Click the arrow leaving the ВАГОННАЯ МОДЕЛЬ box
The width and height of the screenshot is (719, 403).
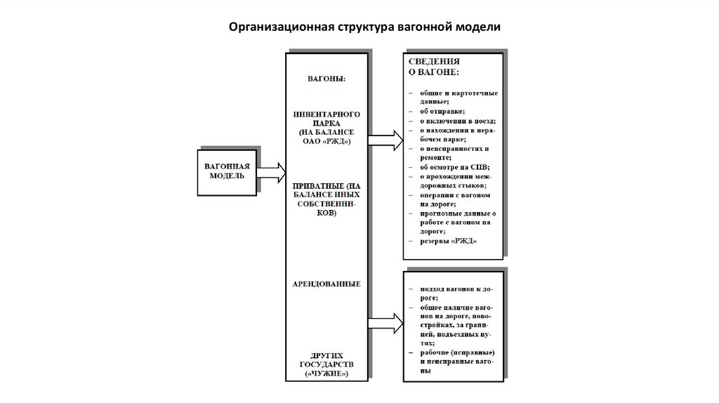(x=270, y=171)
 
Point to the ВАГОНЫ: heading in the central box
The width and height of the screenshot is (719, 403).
(x=326, y=79)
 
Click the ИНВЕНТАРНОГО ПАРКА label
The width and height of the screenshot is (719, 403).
(x=326, y=117)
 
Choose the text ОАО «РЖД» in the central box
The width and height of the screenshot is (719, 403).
(x=326, y=141)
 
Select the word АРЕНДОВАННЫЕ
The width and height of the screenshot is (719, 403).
(x=326, y=284)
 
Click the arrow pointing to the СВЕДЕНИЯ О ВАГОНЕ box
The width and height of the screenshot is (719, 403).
(x=385, y=140)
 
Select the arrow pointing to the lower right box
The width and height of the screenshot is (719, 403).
(x=385, y=324)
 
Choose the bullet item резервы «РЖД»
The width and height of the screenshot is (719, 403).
(x=449, y=240)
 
